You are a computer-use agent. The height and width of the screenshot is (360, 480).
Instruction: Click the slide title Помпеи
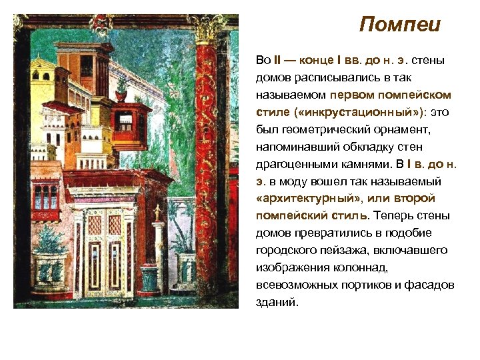tap(399, 25)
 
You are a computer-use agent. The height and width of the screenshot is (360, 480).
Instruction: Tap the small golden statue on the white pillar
tap(158, 212)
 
